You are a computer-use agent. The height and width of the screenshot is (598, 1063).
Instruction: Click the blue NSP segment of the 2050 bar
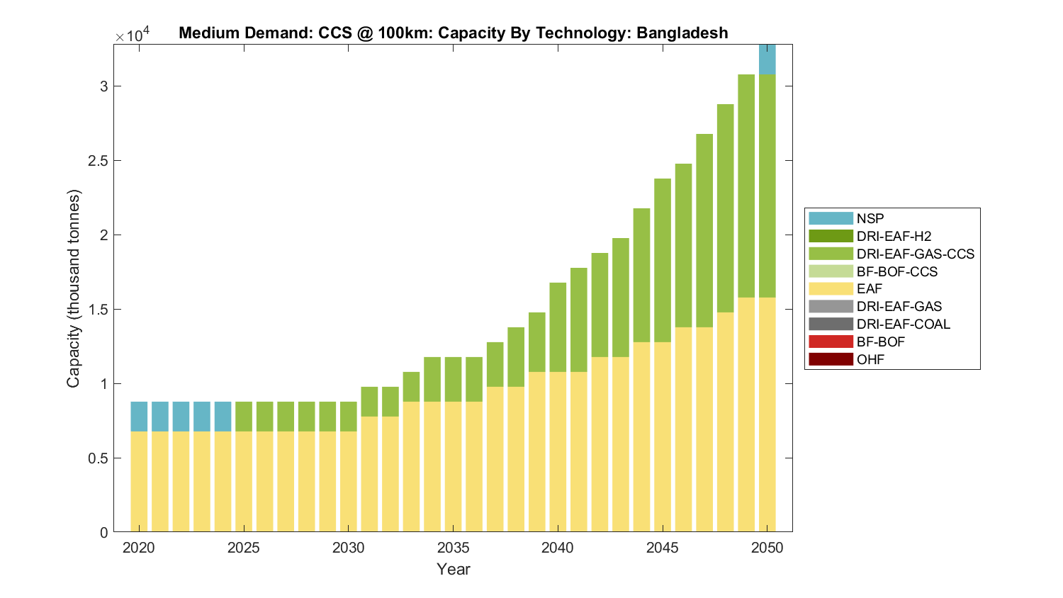767,60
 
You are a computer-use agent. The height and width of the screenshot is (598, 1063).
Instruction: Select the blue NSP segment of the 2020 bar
139,417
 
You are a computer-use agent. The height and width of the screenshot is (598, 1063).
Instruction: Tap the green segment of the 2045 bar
663,260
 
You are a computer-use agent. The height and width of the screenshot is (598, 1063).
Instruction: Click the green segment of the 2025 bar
244,417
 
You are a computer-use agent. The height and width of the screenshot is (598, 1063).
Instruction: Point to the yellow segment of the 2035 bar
453,467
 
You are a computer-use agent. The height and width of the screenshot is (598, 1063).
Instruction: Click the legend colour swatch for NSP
831,218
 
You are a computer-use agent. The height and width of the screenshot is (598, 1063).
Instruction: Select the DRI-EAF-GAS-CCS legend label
915,254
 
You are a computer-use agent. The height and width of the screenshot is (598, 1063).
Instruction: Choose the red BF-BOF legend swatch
831,342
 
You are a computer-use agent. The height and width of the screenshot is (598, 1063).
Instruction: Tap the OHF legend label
870,359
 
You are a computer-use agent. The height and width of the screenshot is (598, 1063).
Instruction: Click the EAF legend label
869,288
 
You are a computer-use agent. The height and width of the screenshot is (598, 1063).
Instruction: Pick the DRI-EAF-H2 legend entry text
894,236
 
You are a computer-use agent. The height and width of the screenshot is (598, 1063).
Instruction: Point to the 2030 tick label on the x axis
349,548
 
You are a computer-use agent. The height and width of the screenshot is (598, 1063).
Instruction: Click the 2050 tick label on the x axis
767,548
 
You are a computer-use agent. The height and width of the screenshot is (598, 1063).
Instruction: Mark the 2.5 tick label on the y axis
99,161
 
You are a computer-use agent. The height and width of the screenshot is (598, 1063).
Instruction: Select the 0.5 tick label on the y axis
99,458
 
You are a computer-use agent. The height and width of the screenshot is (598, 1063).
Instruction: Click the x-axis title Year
454,569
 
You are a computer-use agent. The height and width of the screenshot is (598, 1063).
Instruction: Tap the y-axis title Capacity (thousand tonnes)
74,288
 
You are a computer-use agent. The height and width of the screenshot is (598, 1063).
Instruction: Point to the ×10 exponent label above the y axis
133,35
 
